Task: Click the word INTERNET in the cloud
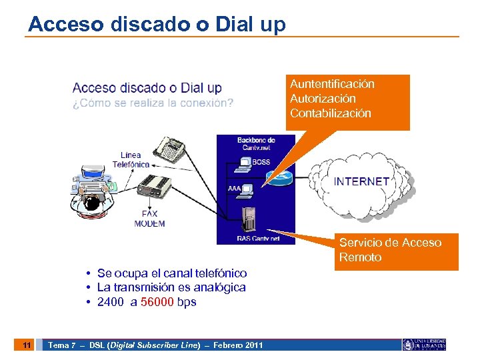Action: point(361,181)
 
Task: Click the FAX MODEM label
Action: point(149,219)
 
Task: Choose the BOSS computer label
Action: point(261,162)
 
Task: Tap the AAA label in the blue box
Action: point(234,189)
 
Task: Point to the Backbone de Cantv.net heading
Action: point(256,143)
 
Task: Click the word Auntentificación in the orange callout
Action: point(332,84)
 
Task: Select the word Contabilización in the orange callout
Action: point(330,113)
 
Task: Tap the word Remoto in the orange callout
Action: point(360,257)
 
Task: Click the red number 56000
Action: point(159,302)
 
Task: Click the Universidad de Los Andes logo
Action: point(424,344)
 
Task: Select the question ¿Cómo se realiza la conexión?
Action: point(153,103)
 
